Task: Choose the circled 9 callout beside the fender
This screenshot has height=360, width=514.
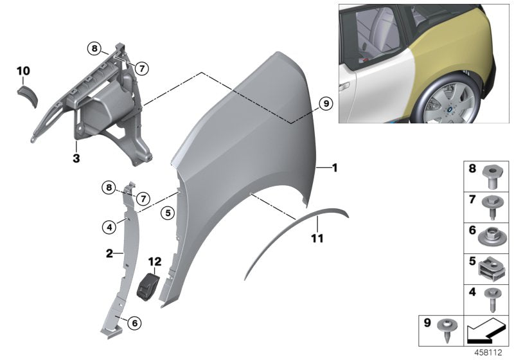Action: point(325,103)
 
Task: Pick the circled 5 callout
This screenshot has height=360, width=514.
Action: point(167,211)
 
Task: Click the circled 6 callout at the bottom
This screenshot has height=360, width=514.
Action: point(134,323)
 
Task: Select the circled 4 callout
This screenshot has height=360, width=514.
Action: point(111,226)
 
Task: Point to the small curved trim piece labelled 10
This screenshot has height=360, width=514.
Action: point(28,95)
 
